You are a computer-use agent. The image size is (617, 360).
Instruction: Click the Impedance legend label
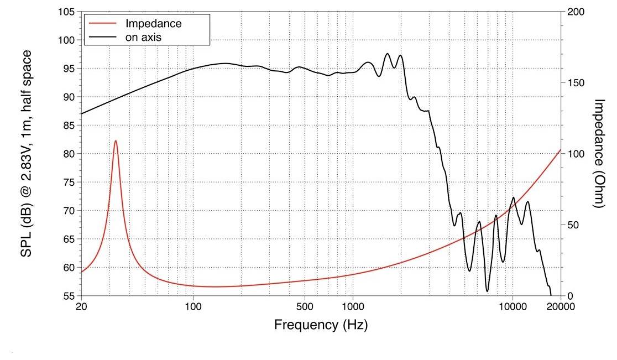pos(153,24)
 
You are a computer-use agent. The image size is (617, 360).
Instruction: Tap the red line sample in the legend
pos(103,24)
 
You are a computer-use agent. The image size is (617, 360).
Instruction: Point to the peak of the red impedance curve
pos(116,141)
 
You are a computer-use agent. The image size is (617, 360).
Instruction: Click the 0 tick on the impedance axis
pos(569,296)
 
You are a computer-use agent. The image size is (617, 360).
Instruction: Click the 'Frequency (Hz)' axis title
pos(321,325)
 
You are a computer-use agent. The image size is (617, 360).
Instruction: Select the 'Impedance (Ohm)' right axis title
pos(599,153)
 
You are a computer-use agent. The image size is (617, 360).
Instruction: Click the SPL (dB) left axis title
pos(26,153)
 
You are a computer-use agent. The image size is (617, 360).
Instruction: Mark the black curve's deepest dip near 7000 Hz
pos(487,291)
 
